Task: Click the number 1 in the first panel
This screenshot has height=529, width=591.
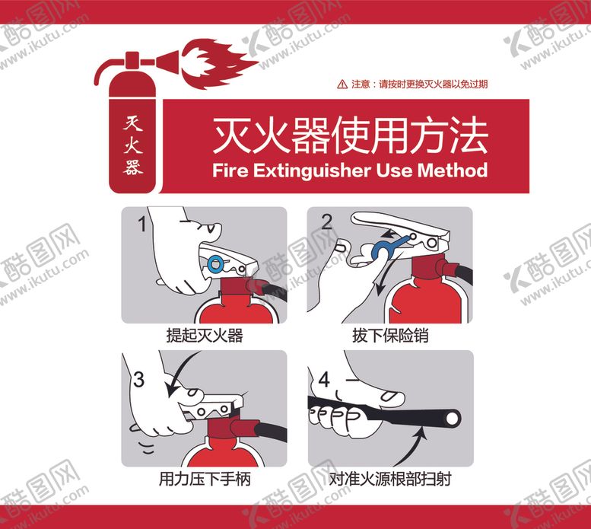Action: click(x=142, y=224)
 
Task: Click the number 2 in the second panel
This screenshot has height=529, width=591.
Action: click(x=326, y=222)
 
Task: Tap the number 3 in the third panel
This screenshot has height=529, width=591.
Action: click(x=138, y=380)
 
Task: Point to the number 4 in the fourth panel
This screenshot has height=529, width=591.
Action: click(x=325, y=380)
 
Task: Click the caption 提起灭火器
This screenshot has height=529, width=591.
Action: click(x=205, y=335)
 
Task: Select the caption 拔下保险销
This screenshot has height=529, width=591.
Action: click(x=390, y=335)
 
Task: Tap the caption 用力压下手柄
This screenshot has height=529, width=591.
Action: click(x=205, y=480)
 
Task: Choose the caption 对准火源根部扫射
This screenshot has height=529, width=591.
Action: click(x=390, y=480)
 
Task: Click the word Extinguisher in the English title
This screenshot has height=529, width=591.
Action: click(x=312, y=170)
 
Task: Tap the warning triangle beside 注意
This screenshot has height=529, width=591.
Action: click(x=342, y=84)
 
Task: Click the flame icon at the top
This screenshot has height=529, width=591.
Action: click(x=218, y=63)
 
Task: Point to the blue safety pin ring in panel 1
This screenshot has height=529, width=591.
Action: click(x=215, y=263)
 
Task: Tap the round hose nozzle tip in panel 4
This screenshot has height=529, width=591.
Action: click(x=451, y=419)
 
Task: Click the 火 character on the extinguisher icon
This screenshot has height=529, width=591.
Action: click(x=132, y=145)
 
